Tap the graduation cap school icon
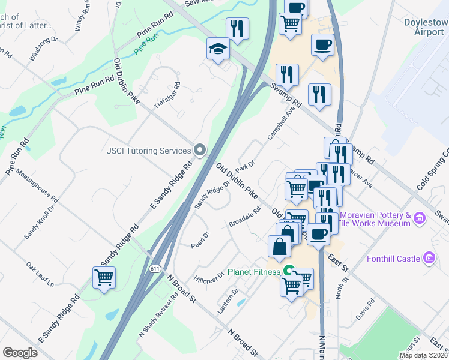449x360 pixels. coord(218,49)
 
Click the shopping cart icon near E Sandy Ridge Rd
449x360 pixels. coord(104,278)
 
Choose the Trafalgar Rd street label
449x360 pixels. coord(167,96)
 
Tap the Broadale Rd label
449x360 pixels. coord(244,217)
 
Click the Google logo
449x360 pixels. coord(20,352)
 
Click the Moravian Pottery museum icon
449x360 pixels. coord(420,217)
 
